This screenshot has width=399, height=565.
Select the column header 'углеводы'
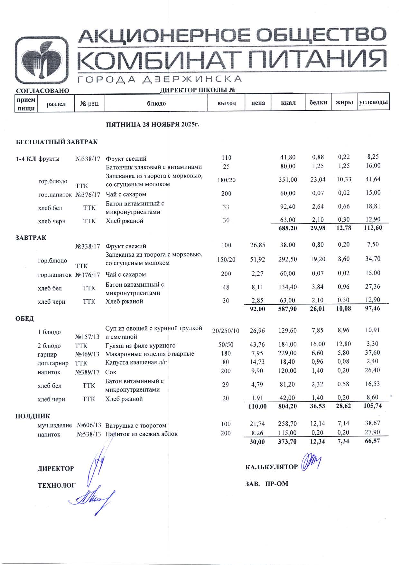373,102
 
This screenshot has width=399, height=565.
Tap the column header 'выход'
227,103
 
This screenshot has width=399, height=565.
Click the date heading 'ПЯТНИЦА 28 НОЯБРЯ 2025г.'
153,125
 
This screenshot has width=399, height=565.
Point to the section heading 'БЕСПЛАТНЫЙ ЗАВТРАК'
57,142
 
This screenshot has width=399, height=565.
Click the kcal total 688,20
288,228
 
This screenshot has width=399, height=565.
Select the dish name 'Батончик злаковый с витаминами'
154,167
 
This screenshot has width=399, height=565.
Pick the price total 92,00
257,309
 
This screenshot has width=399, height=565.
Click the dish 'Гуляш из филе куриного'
140,346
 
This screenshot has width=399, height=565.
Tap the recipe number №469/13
87,354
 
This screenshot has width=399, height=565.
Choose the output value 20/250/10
226,331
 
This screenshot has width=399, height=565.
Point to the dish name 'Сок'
111,372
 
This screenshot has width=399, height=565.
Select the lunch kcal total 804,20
287,407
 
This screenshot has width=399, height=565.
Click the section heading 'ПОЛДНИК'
32,416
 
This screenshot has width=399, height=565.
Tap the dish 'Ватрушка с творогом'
135,426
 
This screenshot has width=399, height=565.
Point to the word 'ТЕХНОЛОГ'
57,485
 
